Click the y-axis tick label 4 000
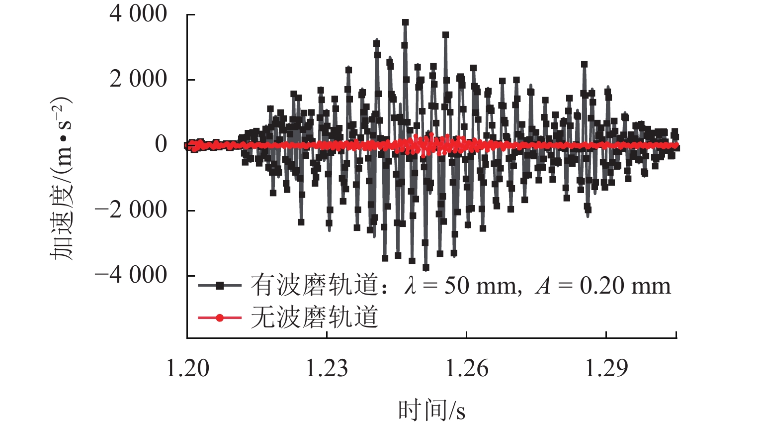coord(138,14)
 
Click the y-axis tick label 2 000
coord(138,79)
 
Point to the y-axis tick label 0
coord(161,144)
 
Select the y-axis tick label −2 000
coord(131,210)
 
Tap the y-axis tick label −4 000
coord(131,275)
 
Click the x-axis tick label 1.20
coord(187,369)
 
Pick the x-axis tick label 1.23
coord(327,369)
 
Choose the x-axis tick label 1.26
coord(466,369)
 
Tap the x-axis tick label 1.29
coord(606,369)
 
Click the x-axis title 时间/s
coord(431,411)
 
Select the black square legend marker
coord(219,286)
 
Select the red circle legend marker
coord(219,318)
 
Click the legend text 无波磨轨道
coord(314,318)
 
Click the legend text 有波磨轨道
coord(314,286)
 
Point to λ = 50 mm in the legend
coord(462,286)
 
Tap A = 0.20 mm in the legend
coord(602,286)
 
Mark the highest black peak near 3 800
coord(405,22)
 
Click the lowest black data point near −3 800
coord(425,268)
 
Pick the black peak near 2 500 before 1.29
coord(584,64)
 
